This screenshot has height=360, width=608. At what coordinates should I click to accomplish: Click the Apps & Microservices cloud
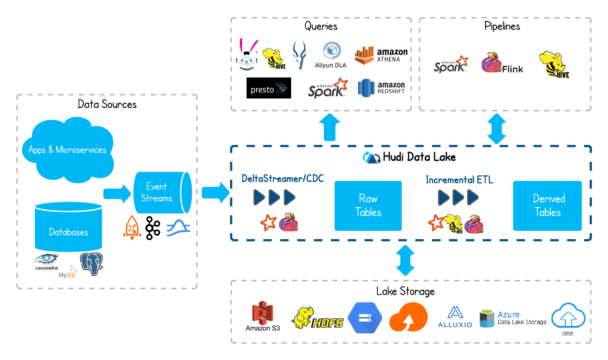tap(68, 150)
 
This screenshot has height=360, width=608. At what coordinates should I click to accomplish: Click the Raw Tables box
tap(368, 205)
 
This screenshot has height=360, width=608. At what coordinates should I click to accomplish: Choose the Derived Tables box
tap(547, 205)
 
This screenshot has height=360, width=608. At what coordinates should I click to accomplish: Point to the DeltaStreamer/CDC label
tap(283, 179)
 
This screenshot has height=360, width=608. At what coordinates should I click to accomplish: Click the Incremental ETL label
tap(459, 180)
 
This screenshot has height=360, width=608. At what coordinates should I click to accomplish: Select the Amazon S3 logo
tap(262, 316)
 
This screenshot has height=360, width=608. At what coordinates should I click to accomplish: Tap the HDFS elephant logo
tap(315, 317)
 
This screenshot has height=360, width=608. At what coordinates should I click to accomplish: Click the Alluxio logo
tap(455, 317)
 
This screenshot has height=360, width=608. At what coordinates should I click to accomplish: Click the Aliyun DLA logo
tap(331, 57)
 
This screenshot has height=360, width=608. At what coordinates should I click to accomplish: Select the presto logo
tap(268, 89)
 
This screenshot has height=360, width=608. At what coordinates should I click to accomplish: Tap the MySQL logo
tap(68, 272)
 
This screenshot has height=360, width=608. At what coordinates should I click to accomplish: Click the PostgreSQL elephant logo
tap(92, 263)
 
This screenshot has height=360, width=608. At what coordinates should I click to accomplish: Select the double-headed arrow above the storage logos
tap(405, 260)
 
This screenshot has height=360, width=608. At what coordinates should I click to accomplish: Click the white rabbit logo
tap(247, 53)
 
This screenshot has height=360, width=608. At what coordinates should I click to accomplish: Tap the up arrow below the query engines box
tap(330, 127)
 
